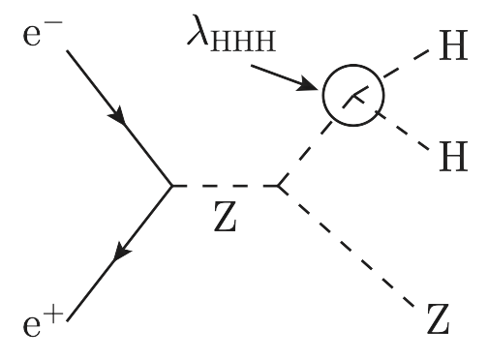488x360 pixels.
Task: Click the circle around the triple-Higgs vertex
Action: (353, 95)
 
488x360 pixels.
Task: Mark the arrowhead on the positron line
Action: (120, 255)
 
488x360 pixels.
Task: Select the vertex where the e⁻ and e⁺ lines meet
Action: (172, 185)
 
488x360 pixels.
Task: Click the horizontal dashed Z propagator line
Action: (225, 185)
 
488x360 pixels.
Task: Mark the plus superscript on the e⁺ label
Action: (58, 311)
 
